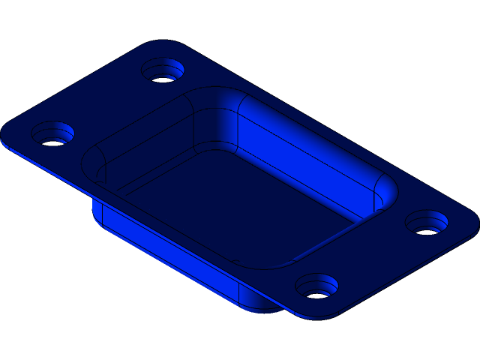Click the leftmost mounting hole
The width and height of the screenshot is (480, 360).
[x=52, y=135]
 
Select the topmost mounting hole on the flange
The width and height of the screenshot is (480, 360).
[x=163, y=71]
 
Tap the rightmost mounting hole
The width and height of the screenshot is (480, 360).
[x=427, y=223]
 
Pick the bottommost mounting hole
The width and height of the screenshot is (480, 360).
[x=316, y=286]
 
